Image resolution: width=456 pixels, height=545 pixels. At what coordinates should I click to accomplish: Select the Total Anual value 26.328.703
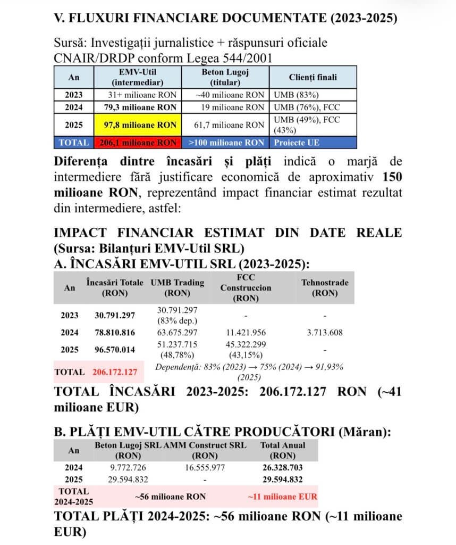pos(282,468)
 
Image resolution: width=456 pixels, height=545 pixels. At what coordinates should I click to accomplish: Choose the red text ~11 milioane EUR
pos(282,497)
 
